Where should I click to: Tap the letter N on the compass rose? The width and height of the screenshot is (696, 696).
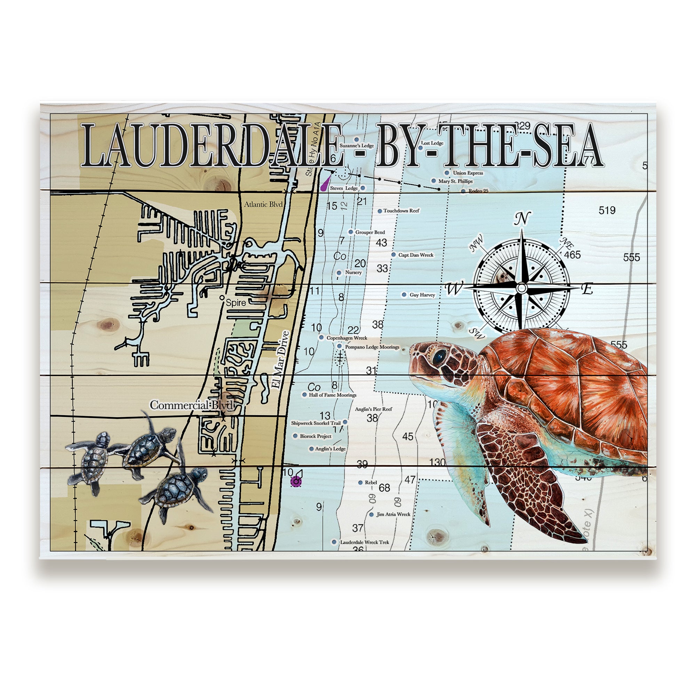522,218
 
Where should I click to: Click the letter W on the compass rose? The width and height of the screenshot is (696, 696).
453,288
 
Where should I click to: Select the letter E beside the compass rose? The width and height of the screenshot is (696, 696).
587,288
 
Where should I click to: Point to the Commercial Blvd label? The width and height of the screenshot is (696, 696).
192,405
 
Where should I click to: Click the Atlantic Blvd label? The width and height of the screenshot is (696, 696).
263,204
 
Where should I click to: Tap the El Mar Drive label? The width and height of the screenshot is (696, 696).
280,359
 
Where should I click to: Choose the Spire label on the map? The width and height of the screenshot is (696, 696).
236,303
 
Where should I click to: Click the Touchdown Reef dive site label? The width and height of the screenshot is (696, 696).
401,211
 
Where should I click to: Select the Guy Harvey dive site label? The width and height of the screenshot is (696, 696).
422,295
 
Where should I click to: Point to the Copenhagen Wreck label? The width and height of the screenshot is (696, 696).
347,338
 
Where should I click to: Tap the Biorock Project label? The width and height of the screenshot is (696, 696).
316,436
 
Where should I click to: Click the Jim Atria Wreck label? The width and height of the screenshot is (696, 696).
393,514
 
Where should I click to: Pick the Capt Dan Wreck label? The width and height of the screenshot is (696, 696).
416,255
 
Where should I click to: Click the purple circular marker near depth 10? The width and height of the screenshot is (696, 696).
296,481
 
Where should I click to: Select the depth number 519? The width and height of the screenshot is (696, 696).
607,210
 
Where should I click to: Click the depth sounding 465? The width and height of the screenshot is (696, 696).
572,255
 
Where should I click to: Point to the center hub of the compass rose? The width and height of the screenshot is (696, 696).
521,288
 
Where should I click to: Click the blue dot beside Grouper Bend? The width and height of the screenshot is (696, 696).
350,232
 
